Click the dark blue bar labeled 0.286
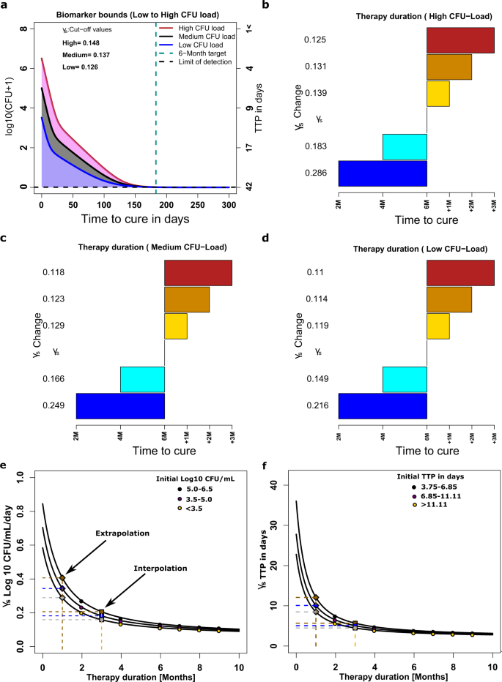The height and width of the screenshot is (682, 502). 383,173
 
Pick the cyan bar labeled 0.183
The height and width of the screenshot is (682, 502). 405,146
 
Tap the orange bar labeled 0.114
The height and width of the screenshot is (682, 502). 449,299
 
